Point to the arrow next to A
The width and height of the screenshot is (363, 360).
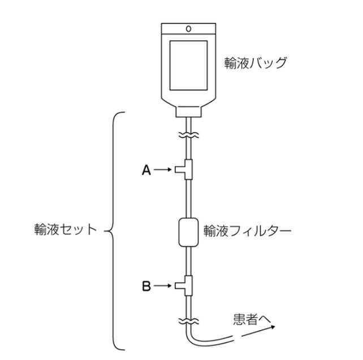point(163,168)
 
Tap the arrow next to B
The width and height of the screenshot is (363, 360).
point(163,286)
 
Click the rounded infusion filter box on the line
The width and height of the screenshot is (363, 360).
point(189,232)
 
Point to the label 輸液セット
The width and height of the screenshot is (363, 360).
point(65,231)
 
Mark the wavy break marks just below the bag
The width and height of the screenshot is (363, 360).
point(189,136)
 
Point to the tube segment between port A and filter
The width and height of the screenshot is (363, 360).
point(189,198)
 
